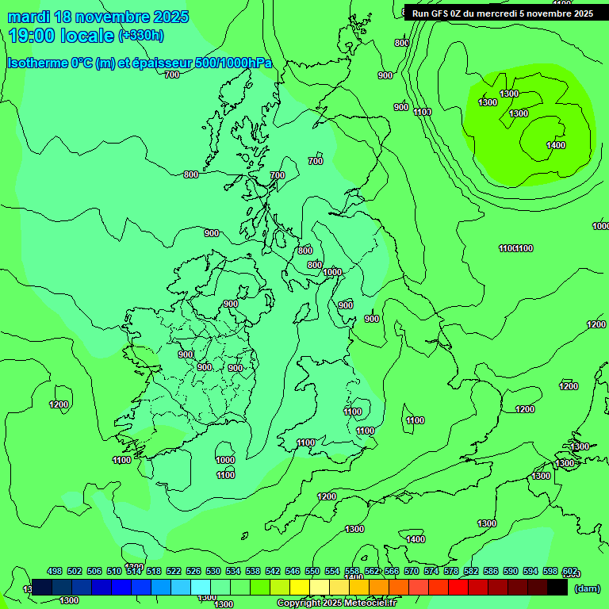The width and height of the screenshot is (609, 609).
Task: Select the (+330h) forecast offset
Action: [141, 35]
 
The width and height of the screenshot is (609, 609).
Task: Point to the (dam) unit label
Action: [586, 588]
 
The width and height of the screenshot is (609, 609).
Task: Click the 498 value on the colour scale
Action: [55, 571]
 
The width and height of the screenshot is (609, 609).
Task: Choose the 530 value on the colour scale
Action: [213, 571]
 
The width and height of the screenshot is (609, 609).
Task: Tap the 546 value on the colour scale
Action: [293, 571]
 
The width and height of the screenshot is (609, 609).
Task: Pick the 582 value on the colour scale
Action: [471, 571]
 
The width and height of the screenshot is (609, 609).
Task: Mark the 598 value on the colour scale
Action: [550, 571]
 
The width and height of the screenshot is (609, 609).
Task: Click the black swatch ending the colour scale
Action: [557, 588]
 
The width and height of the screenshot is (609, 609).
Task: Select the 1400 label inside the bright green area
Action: [556, 145]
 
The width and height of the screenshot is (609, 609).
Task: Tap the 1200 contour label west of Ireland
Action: [59, 405]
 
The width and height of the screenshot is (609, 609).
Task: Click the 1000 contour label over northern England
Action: [332, 272]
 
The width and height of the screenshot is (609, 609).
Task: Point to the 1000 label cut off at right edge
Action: [600, 226]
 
